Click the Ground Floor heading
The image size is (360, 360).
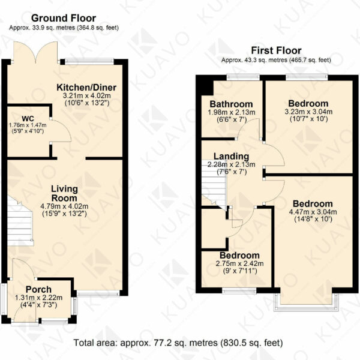pos(64,18)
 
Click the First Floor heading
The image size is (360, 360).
pos(276,50)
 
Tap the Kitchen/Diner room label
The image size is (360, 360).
pos(86,88)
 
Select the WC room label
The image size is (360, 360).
pos(28,118)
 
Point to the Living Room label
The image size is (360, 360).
pos(64,193)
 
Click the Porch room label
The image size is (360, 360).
pos(38,290)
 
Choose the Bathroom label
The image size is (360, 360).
pos(231,104)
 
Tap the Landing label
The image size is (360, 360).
pos(231,156)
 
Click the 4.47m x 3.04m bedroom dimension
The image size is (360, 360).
pos(313,212)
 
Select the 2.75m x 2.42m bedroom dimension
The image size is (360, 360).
pos(239,263)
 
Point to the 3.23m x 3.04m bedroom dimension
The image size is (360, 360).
pos(308,112)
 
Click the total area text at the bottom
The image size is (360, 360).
pos(178,343)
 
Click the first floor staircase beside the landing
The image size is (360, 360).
pos(214,184)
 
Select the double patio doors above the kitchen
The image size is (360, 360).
pos(35,52)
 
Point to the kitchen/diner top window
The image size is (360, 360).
pos(89,61)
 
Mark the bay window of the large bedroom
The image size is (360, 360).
pos(307,302)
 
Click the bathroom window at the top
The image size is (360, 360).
pos(243,77)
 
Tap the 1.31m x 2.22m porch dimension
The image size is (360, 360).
pos(38,298)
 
